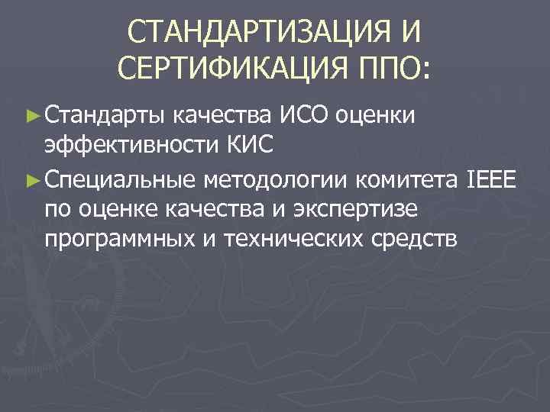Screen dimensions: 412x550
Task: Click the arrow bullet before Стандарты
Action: coord(31,117)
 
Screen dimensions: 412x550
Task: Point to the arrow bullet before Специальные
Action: coord(31,180)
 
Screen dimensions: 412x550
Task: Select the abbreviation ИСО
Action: coord(303,116)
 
